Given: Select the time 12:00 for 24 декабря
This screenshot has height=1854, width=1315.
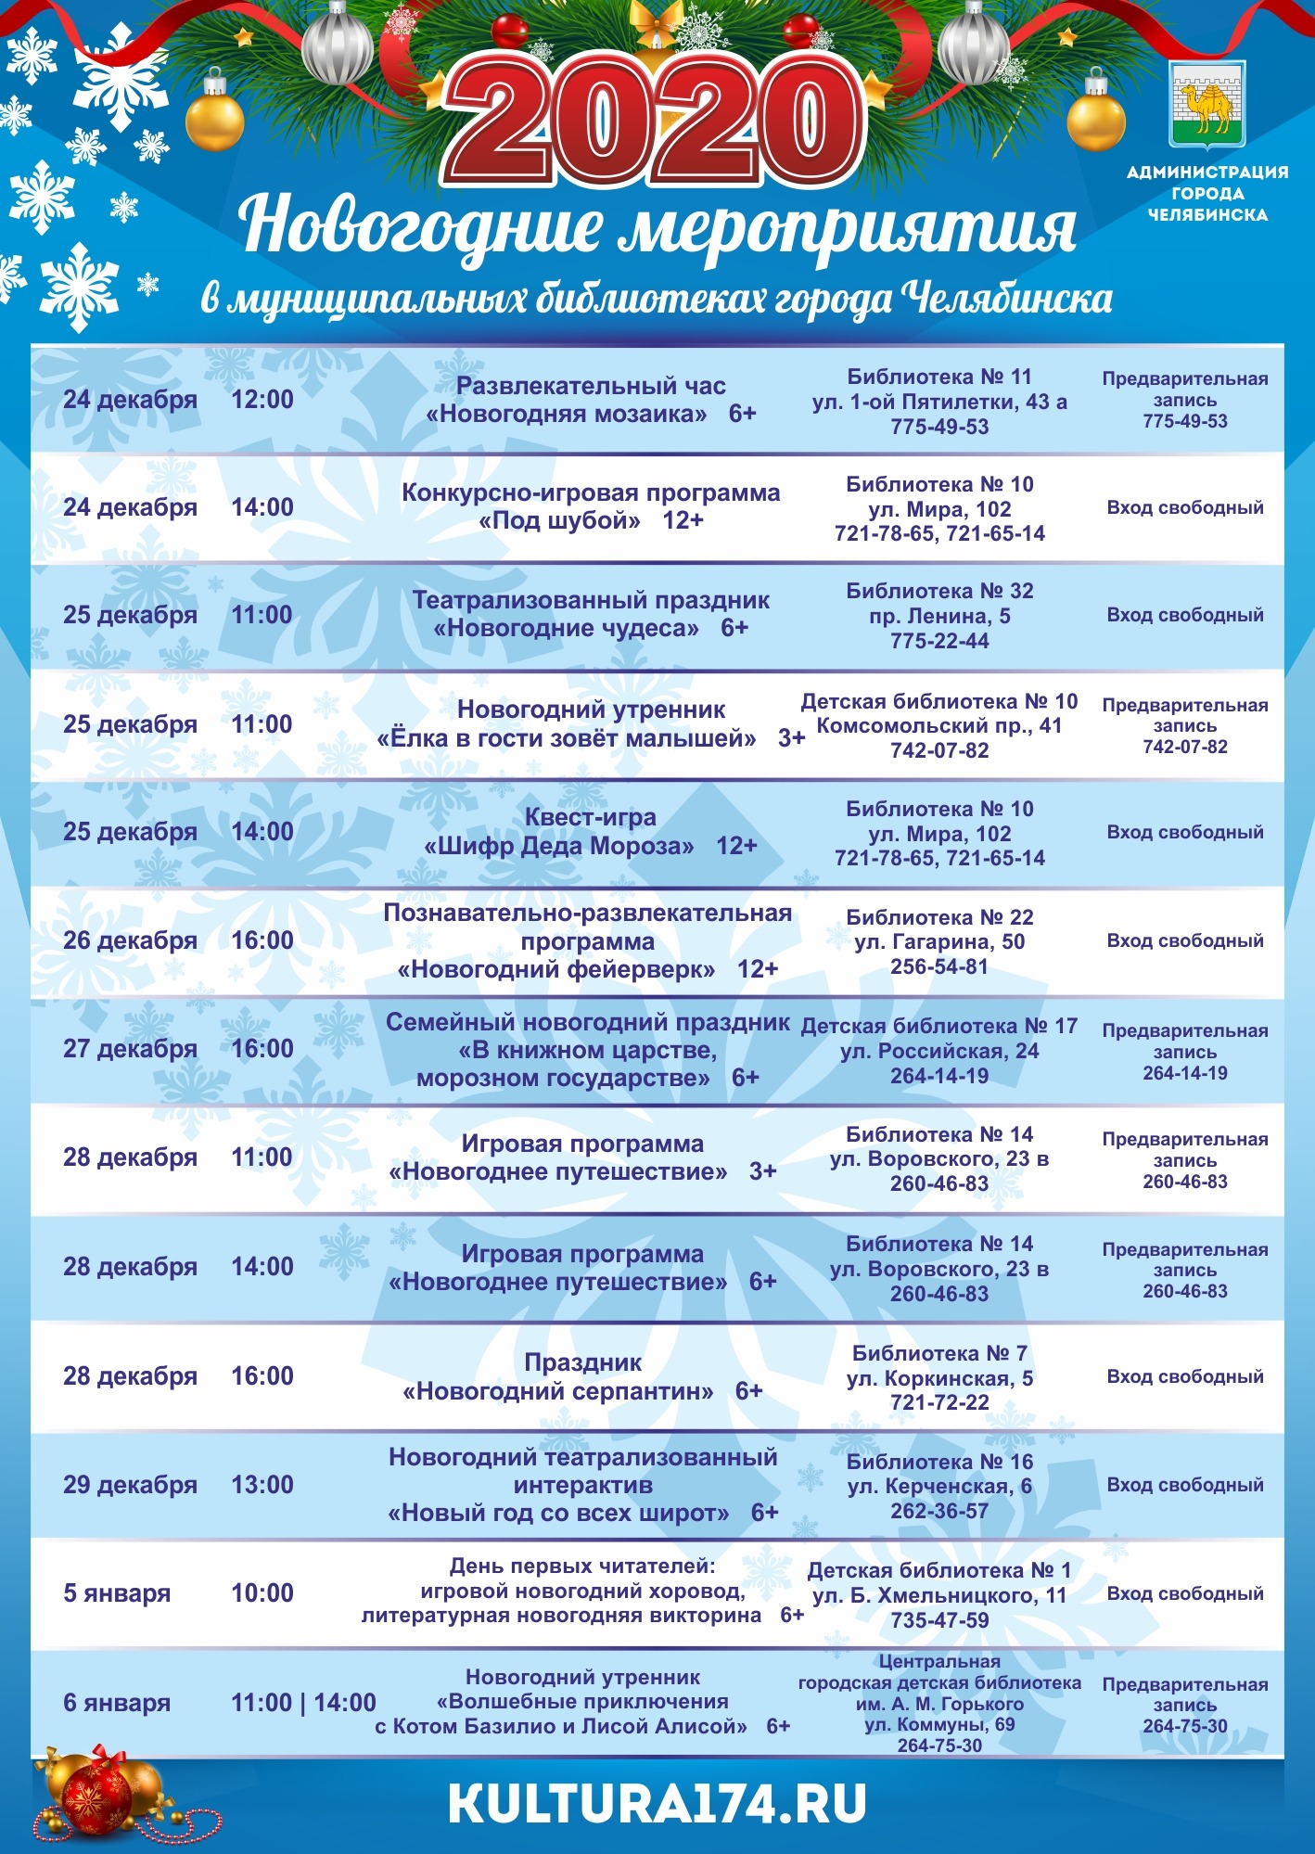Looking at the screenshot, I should point(262,400).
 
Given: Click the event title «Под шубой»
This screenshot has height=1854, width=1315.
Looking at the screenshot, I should point(559,521).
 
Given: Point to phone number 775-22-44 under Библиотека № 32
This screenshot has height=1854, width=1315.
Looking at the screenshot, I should point(939,641).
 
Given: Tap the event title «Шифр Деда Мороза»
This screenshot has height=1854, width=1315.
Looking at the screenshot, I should point(559,846).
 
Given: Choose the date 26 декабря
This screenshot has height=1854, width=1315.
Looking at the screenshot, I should point(130,940).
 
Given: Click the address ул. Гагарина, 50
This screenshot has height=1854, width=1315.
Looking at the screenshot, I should point(939,942).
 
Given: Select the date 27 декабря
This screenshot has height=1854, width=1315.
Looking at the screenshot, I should point(130,1049).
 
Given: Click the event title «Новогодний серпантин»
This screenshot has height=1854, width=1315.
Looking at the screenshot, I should point(558,1391).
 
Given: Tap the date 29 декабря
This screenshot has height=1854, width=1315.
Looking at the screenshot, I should point(130,1485).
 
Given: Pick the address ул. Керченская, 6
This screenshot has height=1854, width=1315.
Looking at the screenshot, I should point(939,1487).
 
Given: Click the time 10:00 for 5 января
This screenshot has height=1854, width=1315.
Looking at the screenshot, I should point(262,1593).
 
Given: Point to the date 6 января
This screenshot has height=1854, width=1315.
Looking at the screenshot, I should point(117,1703).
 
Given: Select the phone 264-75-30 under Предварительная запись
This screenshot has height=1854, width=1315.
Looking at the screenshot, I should point(1185,1726).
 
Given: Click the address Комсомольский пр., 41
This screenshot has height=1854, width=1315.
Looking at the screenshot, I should point(939,726).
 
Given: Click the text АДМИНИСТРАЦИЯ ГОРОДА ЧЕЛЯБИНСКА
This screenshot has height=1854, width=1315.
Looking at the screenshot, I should point(1207,193).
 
